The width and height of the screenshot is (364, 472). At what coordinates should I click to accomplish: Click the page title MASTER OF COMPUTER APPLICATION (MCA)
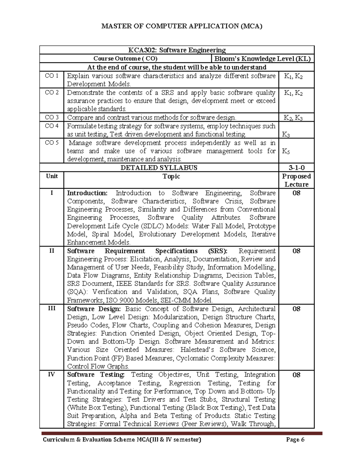pyautogui.click(x=182, y=26)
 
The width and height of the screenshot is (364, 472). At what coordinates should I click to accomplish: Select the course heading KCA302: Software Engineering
pyautogui.click(x=177, y=50)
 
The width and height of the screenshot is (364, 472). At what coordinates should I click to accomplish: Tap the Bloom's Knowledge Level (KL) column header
pyautogui.click(x=262, y=59)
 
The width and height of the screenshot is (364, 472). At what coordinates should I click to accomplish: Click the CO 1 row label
pyautogui.click(x=52, y=76)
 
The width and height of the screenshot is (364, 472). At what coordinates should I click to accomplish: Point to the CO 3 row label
pyautogui.click(x=52, y=117)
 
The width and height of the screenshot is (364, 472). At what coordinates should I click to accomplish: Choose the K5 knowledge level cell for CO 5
pyautogui.click(x=286, y=151)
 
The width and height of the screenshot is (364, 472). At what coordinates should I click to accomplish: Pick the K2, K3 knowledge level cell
pyautogui.click(x=293, y=118)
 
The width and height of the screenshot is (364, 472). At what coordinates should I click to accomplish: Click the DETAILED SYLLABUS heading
pyautogui.click(x=159, y=167)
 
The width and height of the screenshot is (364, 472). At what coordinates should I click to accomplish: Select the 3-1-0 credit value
pyautogui.click(x=296, y=167)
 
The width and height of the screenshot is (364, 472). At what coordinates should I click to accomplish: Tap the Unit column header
pyautogui.click(x=52, y=176)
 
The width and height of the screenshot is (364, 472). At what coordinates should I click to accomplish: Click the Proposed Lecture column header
pyautogui.click(x=296, y=180)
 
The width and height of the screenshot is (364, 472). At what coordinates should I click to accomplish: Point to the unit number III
pyautogui.click(x=52, y=308)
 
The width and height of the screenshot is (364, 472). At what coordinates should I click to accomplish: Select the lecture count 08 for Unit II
pyautogui.click(x=296, y=251)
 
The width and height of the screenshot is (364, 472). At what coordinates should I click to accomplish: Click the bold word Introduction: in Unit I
pyautogui.click(x=87, y=193)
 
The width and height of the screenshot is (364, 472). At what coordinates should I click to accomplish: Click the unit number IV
pyautogui.click(x=52, y=374)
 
